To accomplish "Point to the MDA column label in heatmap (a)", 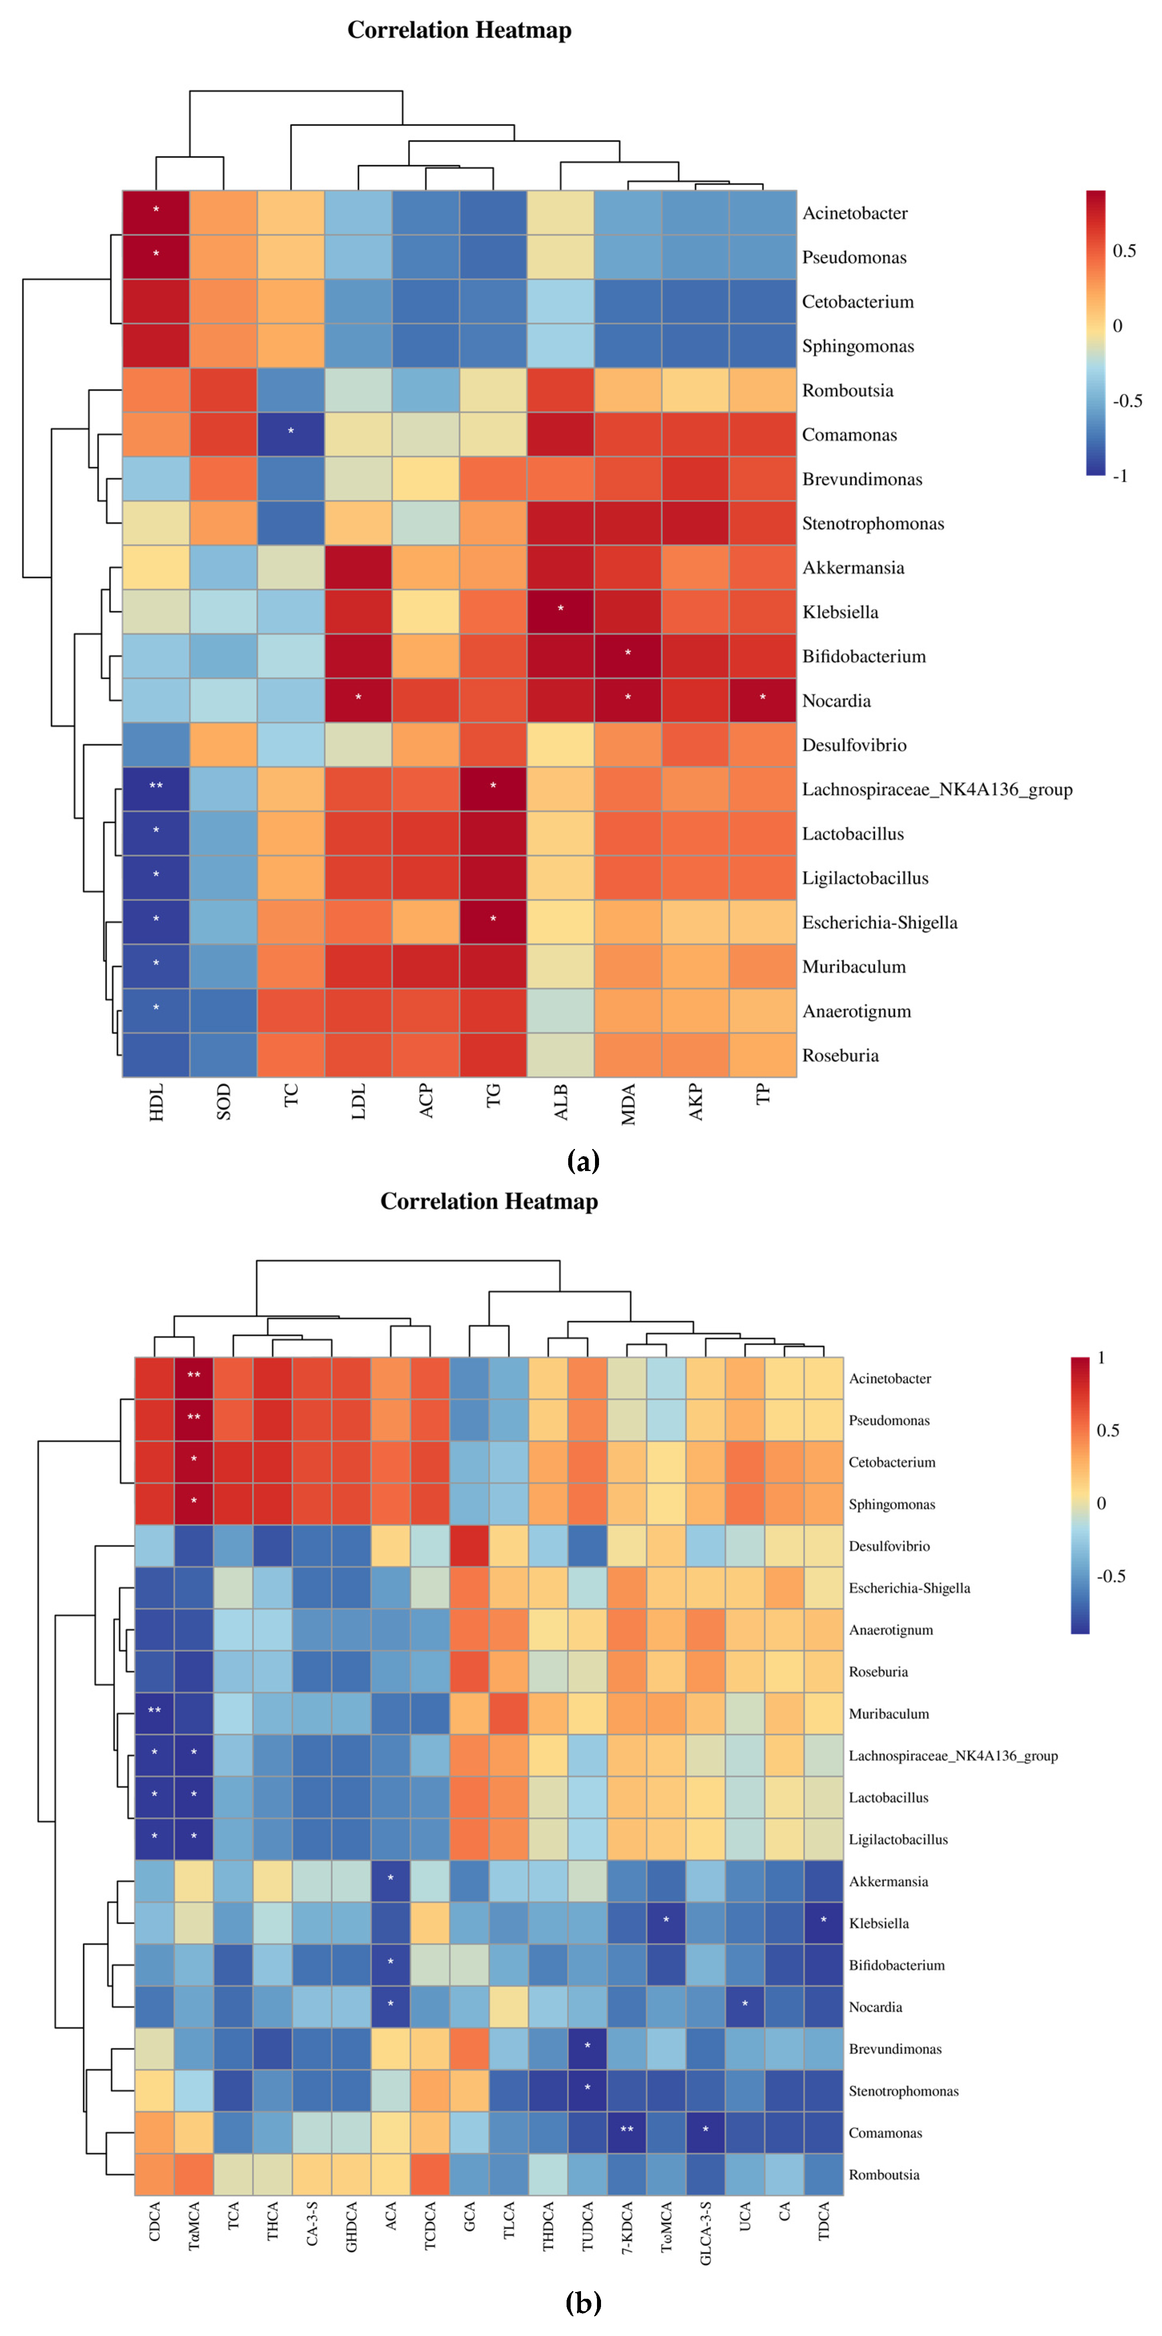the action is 628,1104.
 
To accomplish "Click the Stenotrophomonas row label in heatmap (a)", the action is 873,523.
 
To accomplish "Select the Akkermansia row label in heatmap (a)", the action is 852,568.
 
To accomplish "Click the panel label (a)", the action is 582,1162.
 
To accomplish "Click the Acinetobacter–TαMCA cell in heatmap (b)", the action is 193,1378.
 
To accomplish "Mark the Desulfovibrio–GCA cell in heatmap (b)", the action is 469,1545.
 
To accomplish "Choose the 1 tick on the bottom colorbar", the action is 1101,1358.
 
